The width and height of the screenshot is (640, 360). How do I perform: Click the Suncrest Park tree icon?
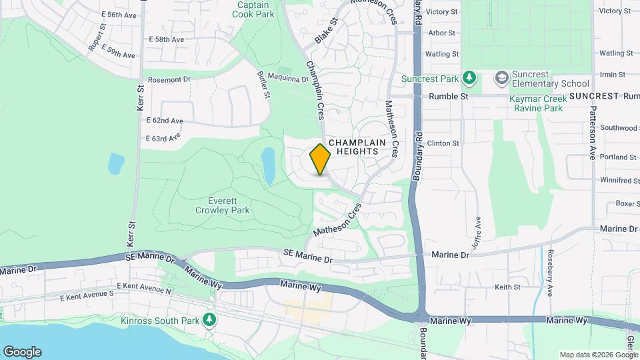[x=470, y=79]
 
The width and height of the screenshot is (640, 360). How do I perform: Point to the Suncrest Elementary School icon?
[x=501, y=79]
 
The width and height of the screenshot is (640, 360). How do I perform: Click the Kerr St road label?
[x=141, y=97]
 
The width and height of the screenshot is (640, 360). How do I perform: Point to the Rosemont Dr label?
[x=169, y=79]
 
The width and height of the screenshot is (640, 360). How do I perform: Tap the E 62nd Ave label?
[x=164, y=121]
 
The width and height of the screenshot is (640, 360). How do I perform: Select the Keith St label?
[x=507, y=287]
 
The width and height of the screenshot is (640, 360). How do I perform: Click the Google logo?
[x=22, y=352]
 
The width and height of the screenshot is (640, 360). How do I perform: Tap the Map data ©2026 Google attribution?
[x=598, y=355]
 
